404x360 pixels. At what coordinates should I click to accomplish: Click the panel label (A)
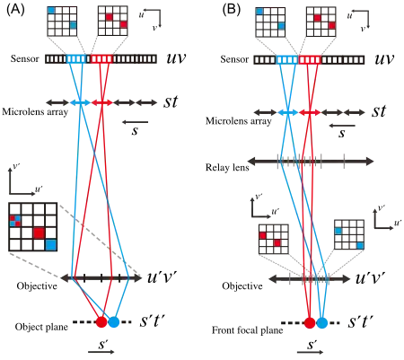click(x=15, y=10)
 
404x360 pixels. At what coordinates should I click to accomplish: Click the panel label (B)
click(x=232, y=10)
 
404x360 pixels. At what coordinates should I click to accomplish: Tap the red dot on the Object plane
click(x=101, y=322)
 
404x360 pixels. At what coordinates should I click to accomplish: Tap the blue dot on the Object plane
click(x=114, y=322)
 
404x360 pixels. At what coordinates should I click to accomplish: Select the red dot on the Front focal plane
click(x=310, y=323)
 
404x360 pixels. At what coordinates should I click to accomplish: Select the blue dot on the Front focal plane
click(x=322, y=323)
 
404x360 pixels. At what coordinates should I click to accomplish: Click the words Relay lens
click(x=227, y=167)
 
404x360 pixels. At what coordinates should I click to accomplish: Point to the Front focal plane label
click(x=248, y=330)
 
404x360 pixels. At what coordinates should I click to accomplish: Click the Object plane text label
click(x=41, y=327)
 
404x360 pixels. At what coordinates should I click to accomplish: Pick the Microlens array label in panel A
click(x=35, y=112)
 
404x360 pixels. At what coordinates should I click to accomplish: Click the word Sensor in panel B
click(x=234, y=59)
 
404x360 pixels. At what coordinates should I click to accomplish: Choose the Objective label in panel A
click(x=37, y=286)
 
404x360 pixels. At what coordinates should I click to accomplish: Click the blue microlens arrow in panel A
click(x=80, y=102)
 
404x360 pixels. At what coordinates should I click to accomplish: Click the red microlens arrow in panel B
click(x=310, y=112)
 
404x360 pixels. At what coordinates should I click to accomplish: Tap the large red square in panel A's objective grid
click(x=39, y=233)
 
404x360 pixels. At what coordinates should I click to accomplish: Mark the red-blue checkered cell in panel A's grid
click(x=15, y=221)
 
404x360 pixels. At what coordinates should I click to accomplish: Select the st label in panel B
click(x=379, y=111)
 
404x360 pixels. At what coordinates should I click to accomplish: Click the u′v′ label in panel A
click(x=162, y=277)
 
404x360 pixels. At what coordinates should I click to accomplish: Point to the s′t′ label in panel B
click(x=361, y=321)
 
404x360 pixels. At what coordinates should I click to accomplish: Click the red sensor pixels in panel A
click(x=102, y=58)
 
